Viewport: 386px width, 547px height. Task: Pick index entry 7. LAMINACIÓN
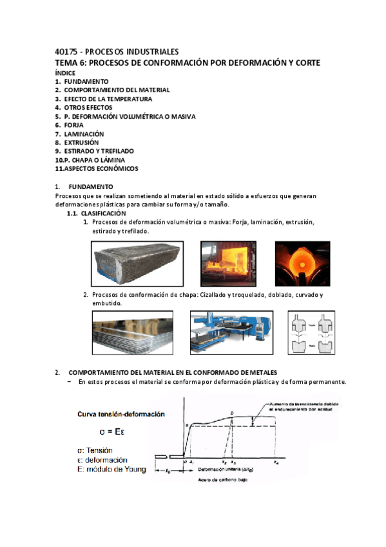coord(79,134)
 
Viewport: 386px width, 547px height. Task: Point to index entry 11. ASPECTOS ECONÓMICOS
coord(97,168)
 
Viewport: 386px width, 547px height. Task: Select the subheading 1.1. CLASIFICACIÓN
coord(97,213)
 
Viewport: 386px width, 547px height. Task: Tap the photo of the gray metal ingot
coord(137,264)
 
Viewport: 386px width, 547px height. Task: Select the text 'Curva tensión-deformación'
coord(121,413)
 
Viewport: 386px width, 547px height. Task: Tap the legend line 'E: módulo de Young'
coord(112,470)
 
